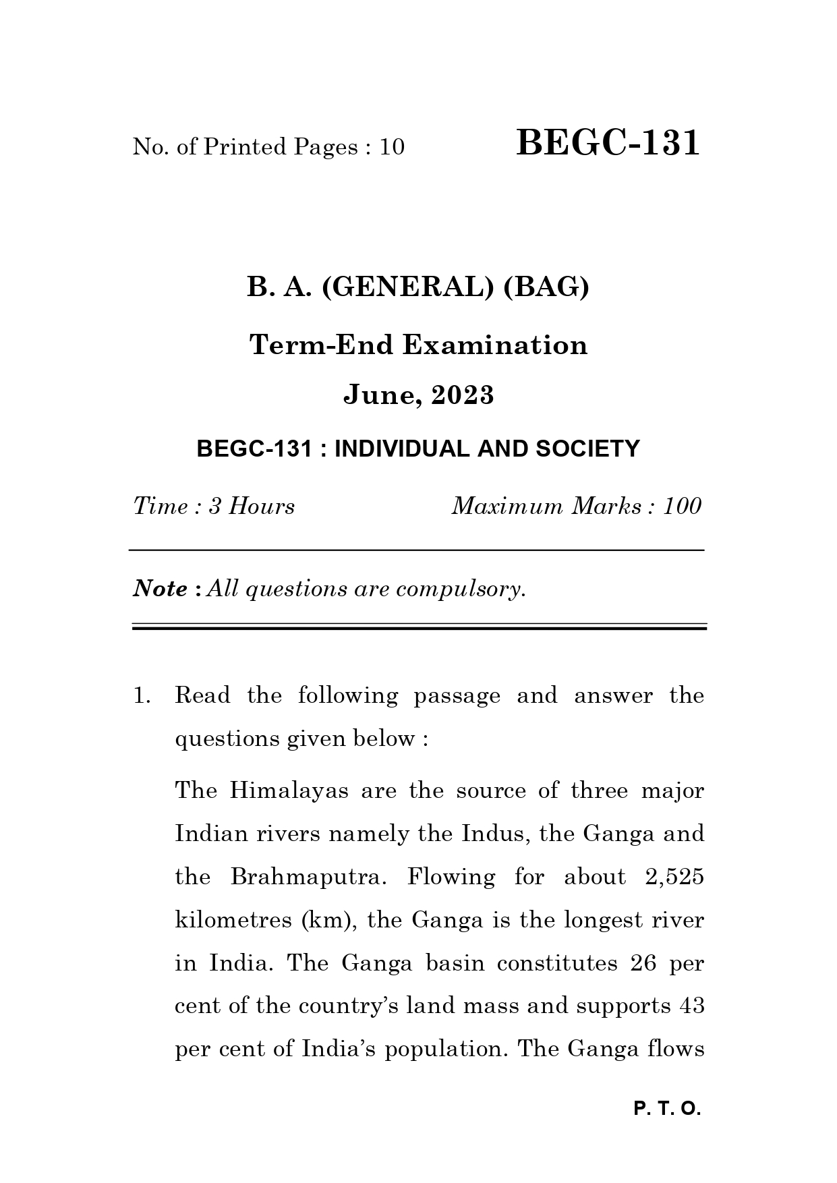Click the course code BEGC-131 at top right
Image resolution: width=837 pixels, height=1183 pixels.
pos(608,144)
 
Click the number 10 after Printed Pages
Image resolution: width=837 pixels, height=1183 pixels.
pos(391,147)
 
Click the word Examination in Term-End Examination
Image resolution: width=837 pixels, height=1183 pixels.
pos(495,345)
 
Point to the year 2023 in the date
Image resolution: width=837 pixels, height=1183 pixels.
pos(463,395)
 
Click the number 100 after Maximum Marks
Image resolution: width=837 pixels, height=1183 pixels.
pos(682,507)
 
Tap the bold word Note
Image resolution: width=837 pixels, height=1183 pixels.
pos(161,589)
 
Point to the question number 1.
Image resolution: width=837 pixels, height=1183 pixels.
pos(141,696)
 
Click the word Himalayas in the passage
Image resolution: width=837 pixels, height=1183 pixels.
pos(289,790)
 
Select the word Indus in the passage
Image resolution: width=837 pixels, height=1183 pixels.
pos(491,834)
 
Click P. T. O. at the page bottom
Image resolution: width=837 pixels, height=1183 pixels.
pos(667,1109)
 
